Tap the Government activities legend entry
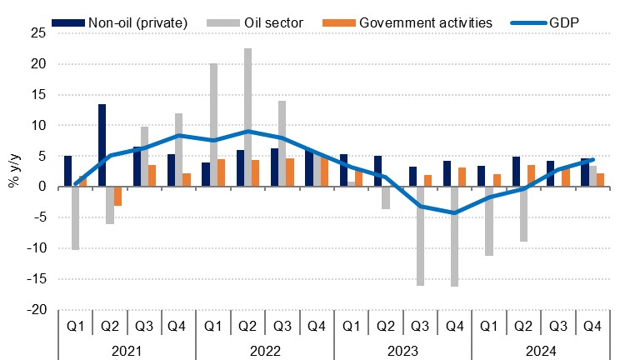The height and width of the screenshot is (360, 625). pos(425,20)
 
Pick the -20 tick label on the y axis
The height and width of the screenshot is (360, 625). pos(36,310)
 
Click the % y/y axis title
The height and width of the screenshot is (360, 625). pos(14,171)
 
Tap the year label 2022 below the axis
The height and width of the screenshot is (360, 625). pos(264,350)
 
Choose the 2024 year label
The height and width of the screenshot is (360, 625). pos(540,350)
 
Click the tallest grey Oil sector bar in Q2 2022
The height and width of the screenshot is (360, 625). pos(248,117)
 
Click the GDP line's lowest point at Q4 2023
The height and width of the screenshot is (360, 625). pos(455,212)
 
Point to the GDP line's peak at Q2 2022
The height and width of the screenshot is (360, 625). pos(248,132)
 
